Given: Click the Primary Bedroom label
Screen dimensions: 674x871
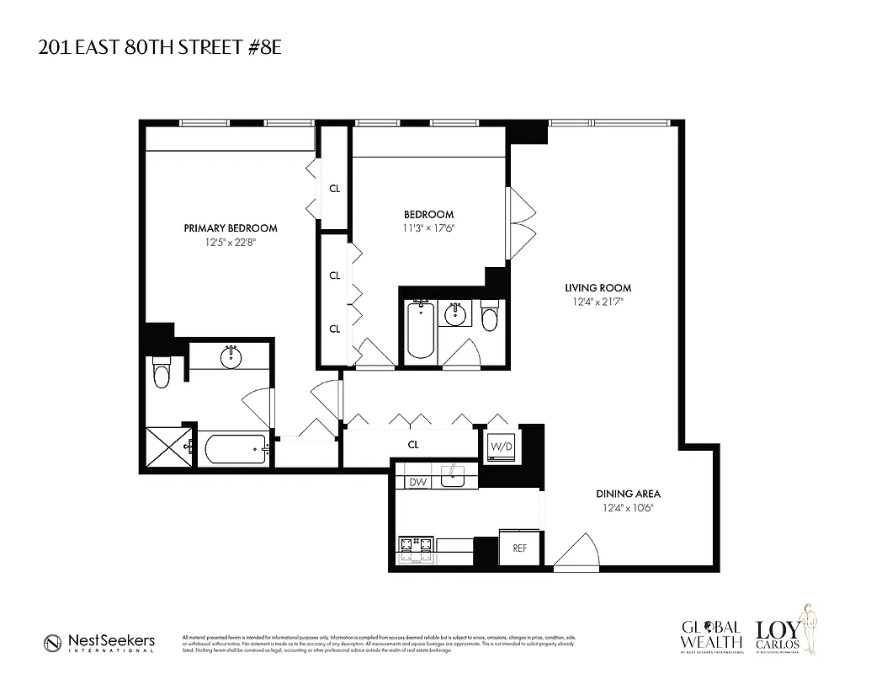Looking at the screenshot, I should tap(231, 227).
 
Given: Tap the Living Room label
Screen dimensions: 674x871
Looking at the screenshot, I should tap(597, 288).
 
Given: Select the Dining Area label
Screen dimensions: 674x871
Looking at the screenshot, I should tap(628, 494).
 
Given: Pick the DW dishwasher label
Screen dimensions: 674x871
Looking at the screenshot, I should tap(418, 483).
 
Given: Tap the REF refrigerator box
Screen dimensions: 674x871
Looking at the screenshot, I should tap(519, 548).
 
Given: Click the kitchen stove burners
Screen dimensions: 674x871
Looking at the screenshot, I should tap(417, 548).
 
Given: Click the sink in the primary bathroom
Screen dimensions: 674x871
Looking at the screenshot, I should tap(231, 358).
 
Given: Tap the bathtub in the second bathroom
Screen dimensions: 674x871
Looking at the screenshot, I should tap(419, 333).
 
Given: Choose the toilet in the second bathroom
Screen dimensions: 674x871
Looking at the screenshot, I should tap(489, 319).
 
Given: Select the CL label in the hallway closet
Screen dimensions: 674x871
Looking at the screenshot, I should tap(413, 444).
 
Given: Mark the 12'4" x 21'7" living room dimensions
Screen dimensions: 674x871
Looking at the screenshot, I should tap(597, 302).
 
